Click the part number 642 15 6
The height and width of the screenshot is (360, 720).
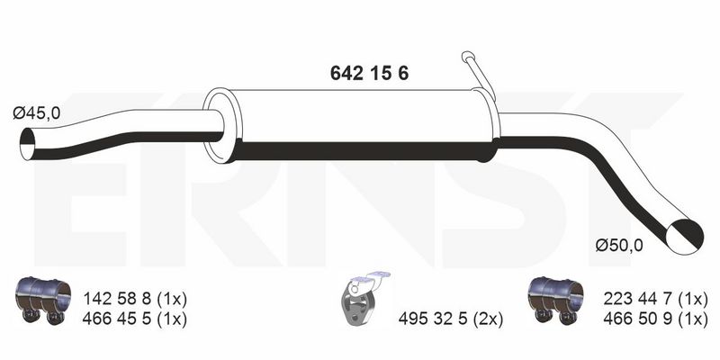point(369,74)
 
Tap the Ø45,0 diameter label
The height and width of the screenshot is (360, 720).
point(37,113)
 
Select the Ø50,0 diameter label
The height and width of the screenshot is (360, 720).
point(619,246)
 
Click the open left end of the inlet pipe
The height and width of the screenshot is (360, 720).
point(28,144)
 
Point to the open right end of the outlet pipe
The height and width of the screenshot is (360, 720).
point(685,237)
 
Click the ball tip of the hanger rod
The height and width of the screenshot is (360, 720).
point(467,57)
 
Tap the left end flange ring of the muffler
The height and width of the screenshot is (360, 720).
point(219,125)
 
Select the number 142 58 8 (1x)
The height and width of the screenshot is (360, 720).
point(135,300)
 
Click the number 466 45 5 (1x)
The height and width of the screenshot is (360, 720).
point(135,319)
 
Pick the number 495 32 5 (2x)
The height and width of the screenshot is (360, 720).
point(451,319)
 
